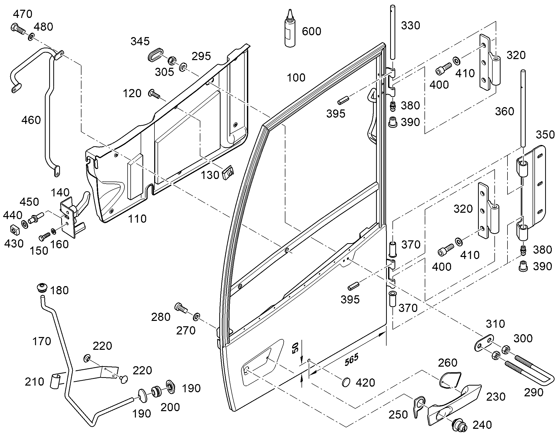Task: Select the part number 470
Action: coord(23,14)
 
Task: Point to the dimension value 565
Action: coord(351,360)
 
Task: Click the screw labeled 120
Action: coord(154,94)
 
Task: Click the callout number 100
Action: coord(296,77)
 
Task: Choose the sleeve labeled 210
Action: coord(56,381)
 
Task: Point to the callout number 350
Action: coord(545,135)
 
